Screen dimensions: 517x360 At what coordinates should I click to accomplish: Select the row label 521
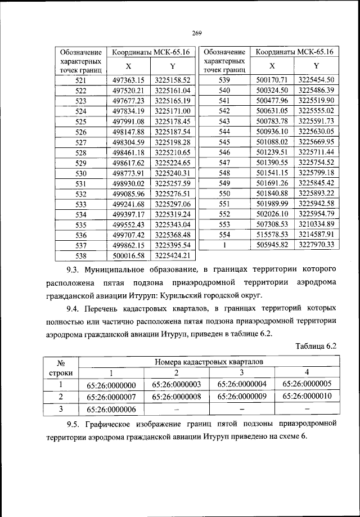[80, 80]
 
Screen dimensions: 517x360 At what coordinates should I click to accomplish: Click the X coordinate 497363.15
[128, 80]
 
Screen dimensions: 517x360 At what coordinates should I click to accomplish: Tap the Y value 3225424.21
[173, 255]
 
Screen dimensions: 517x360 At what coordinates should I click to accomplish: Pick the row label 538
[80, 255]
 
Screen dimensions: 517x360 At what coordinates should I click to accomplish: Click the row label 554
[224, 235]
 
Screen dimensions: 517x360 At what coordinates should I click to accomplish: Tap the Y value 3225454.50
[316, 80]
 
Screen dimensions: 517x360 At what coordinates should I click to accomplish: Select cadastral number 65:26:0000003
[177, 385]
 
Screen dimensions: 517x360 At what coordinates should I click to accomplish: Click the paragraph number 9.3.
[74, 270]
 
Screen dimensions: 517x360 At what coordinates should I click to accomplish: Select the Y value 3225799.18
[316, 173]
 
